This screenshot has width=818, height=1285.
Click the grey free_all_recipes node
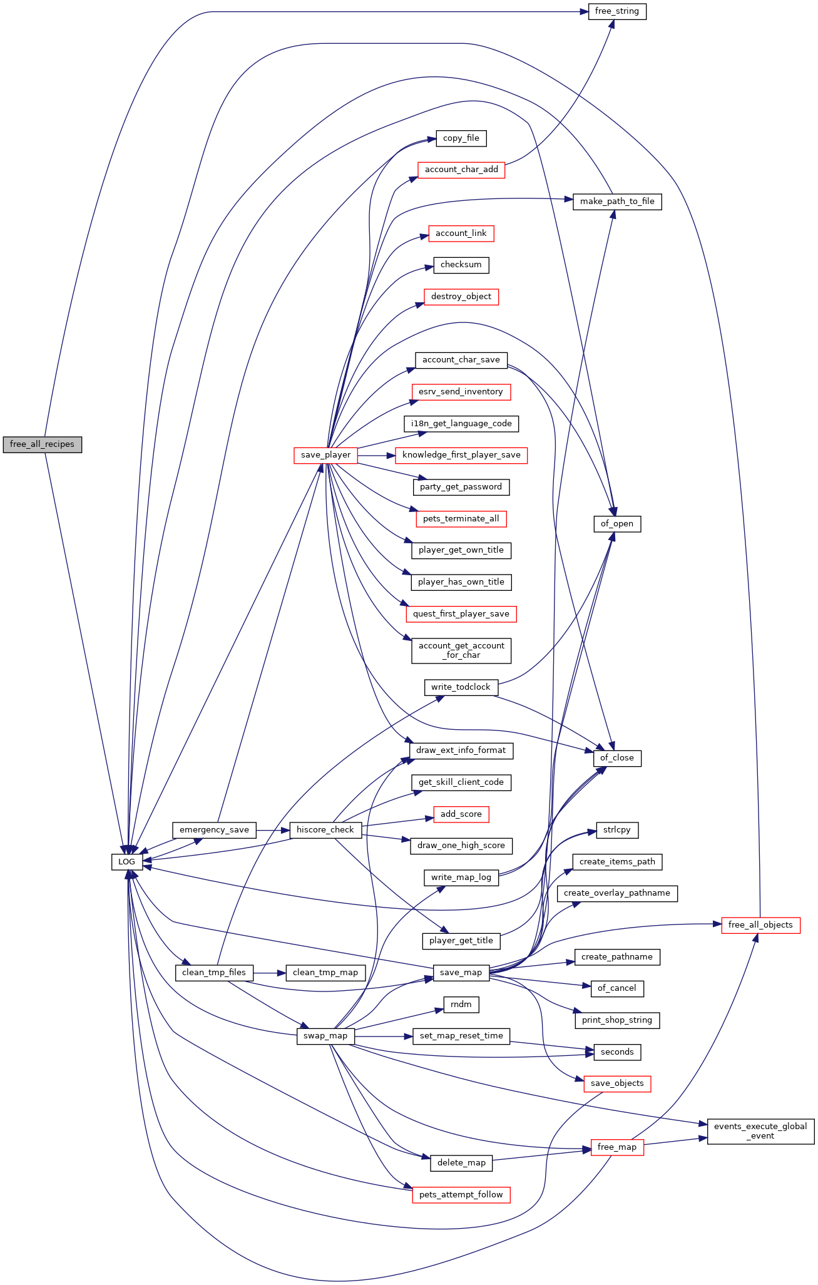pos(43,444)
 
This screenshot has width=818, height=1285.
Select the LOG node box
pos(127,862)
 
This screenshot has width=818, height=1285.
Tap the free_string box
pos(617,11)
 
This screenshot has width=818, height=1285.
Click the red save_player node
pos(326,455)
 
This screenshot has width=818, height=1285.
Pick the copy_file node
pos(461,138)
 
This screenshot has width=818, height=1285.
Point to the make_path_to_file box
pos(617,202)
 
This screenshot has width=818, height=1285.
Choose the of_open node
pos(617,524)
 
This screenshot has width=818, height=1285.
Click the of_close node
pos(617,758)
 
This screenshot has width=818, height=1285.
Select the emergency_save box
pos(215,830)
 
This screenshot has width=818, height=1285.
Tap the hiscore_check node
pos(325,830)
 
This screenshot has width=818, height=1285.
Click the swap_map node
pos(325,1036)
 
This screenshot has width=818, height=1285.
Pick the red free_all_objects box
pos(761,925)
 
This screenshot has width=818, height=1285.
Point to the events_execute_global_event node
pos(761,1131)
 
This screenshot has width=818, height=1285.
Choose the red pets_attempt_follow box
pos(461,1195)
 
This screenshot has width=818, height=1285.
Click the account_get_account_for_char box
pos(461,650)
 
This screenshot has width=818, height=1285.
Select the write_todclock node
pos(461,687)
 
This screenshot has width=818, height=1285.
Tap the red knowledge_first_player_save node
pos(461,455)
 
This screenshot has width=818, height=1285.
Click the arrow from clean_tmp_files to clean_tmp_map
pos(270,973)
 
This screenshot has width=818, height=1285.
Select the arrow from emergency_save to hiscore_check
pos(273,830)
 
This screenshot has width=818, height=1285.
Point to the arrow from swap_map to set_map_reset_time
pos(384,1036)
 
